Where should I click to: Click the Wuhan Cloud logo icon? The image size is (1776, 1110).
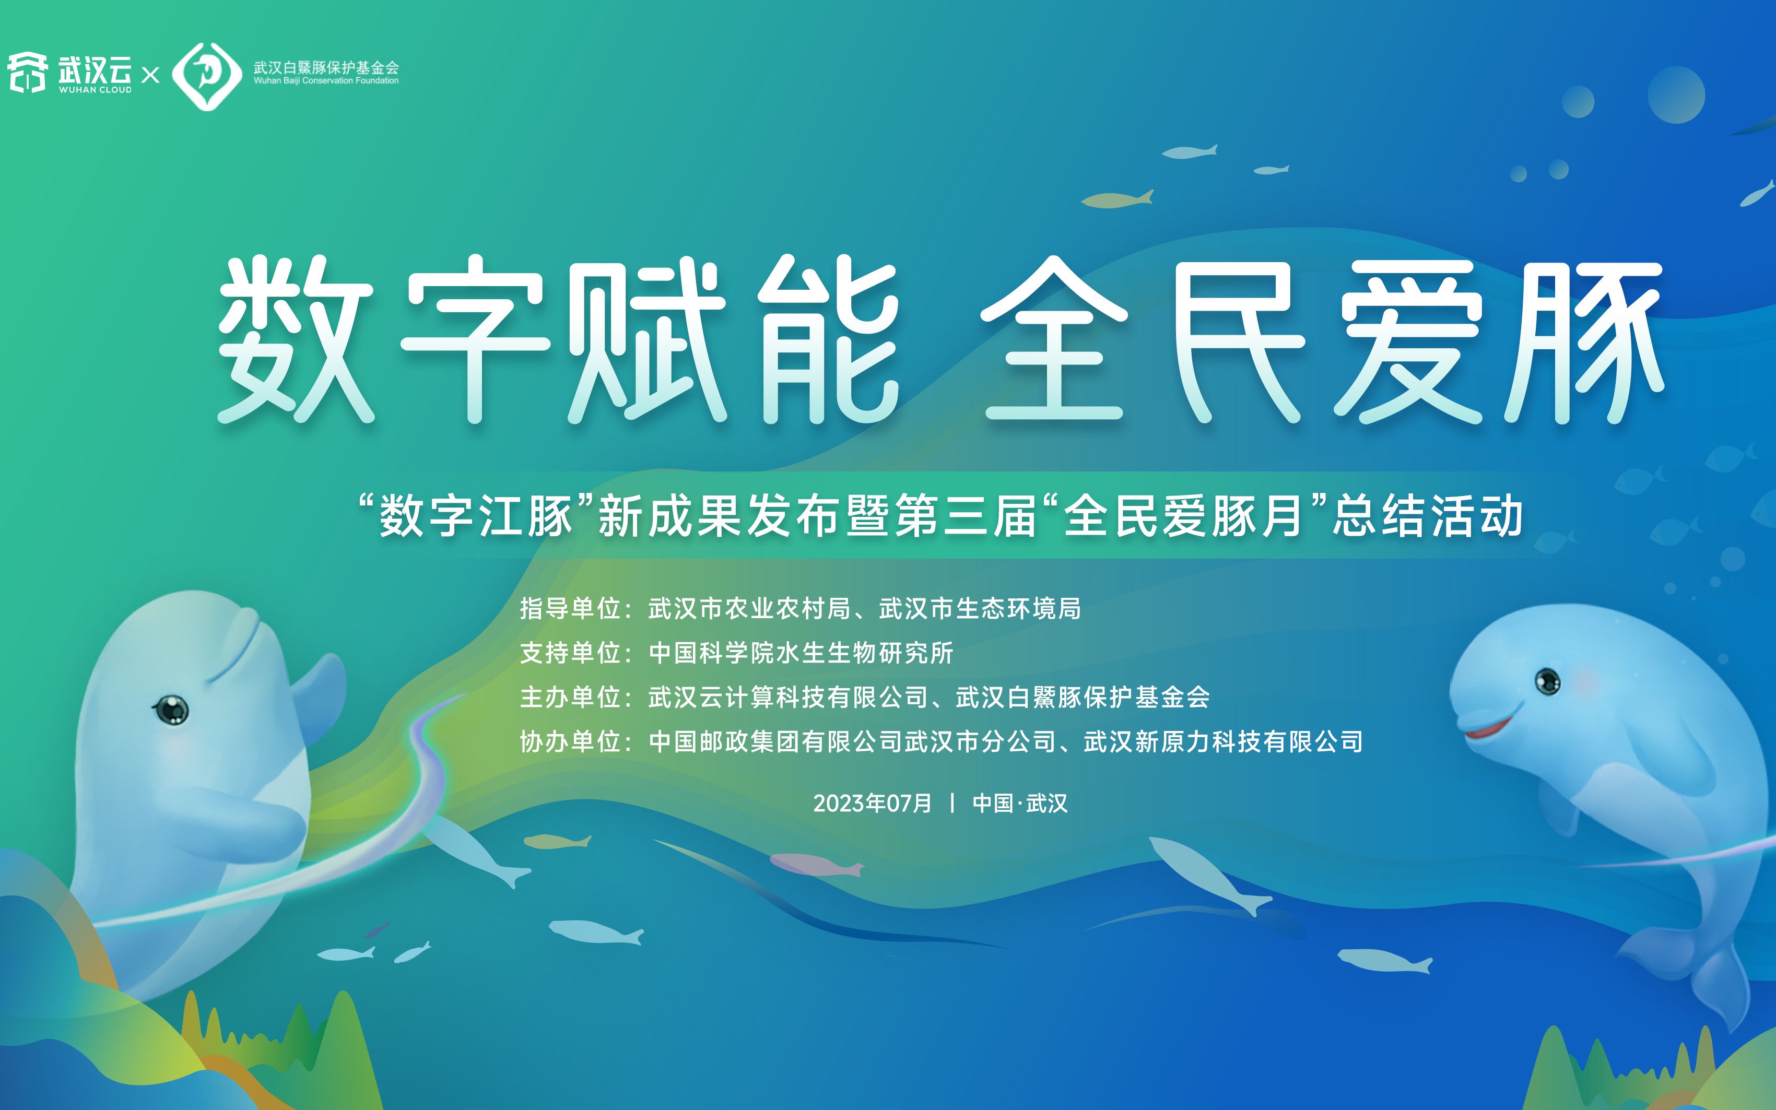point(27,73)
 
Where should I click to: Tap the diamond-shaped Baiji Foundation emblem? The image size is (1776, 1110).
point(207,76)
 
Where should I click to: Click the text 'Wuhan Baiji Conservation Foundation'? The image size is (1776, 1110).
point(326,81)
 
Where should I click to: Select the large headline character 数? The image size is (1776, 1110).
point(296,339)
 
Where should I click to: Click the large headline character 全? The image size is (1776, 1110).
point(1054,339)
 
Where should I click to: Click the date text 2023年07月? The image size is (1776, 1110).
point(872,803)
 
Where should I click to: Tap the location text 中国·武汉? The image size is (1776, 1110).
point(1020,803)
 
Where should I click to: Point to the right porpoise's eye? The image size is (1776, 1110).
point(1548,681)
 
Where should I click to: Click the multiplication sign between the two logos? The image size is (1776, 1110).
point(150,75)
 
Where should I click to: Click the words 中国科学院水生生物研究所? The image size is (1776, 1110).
point(801,653)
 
